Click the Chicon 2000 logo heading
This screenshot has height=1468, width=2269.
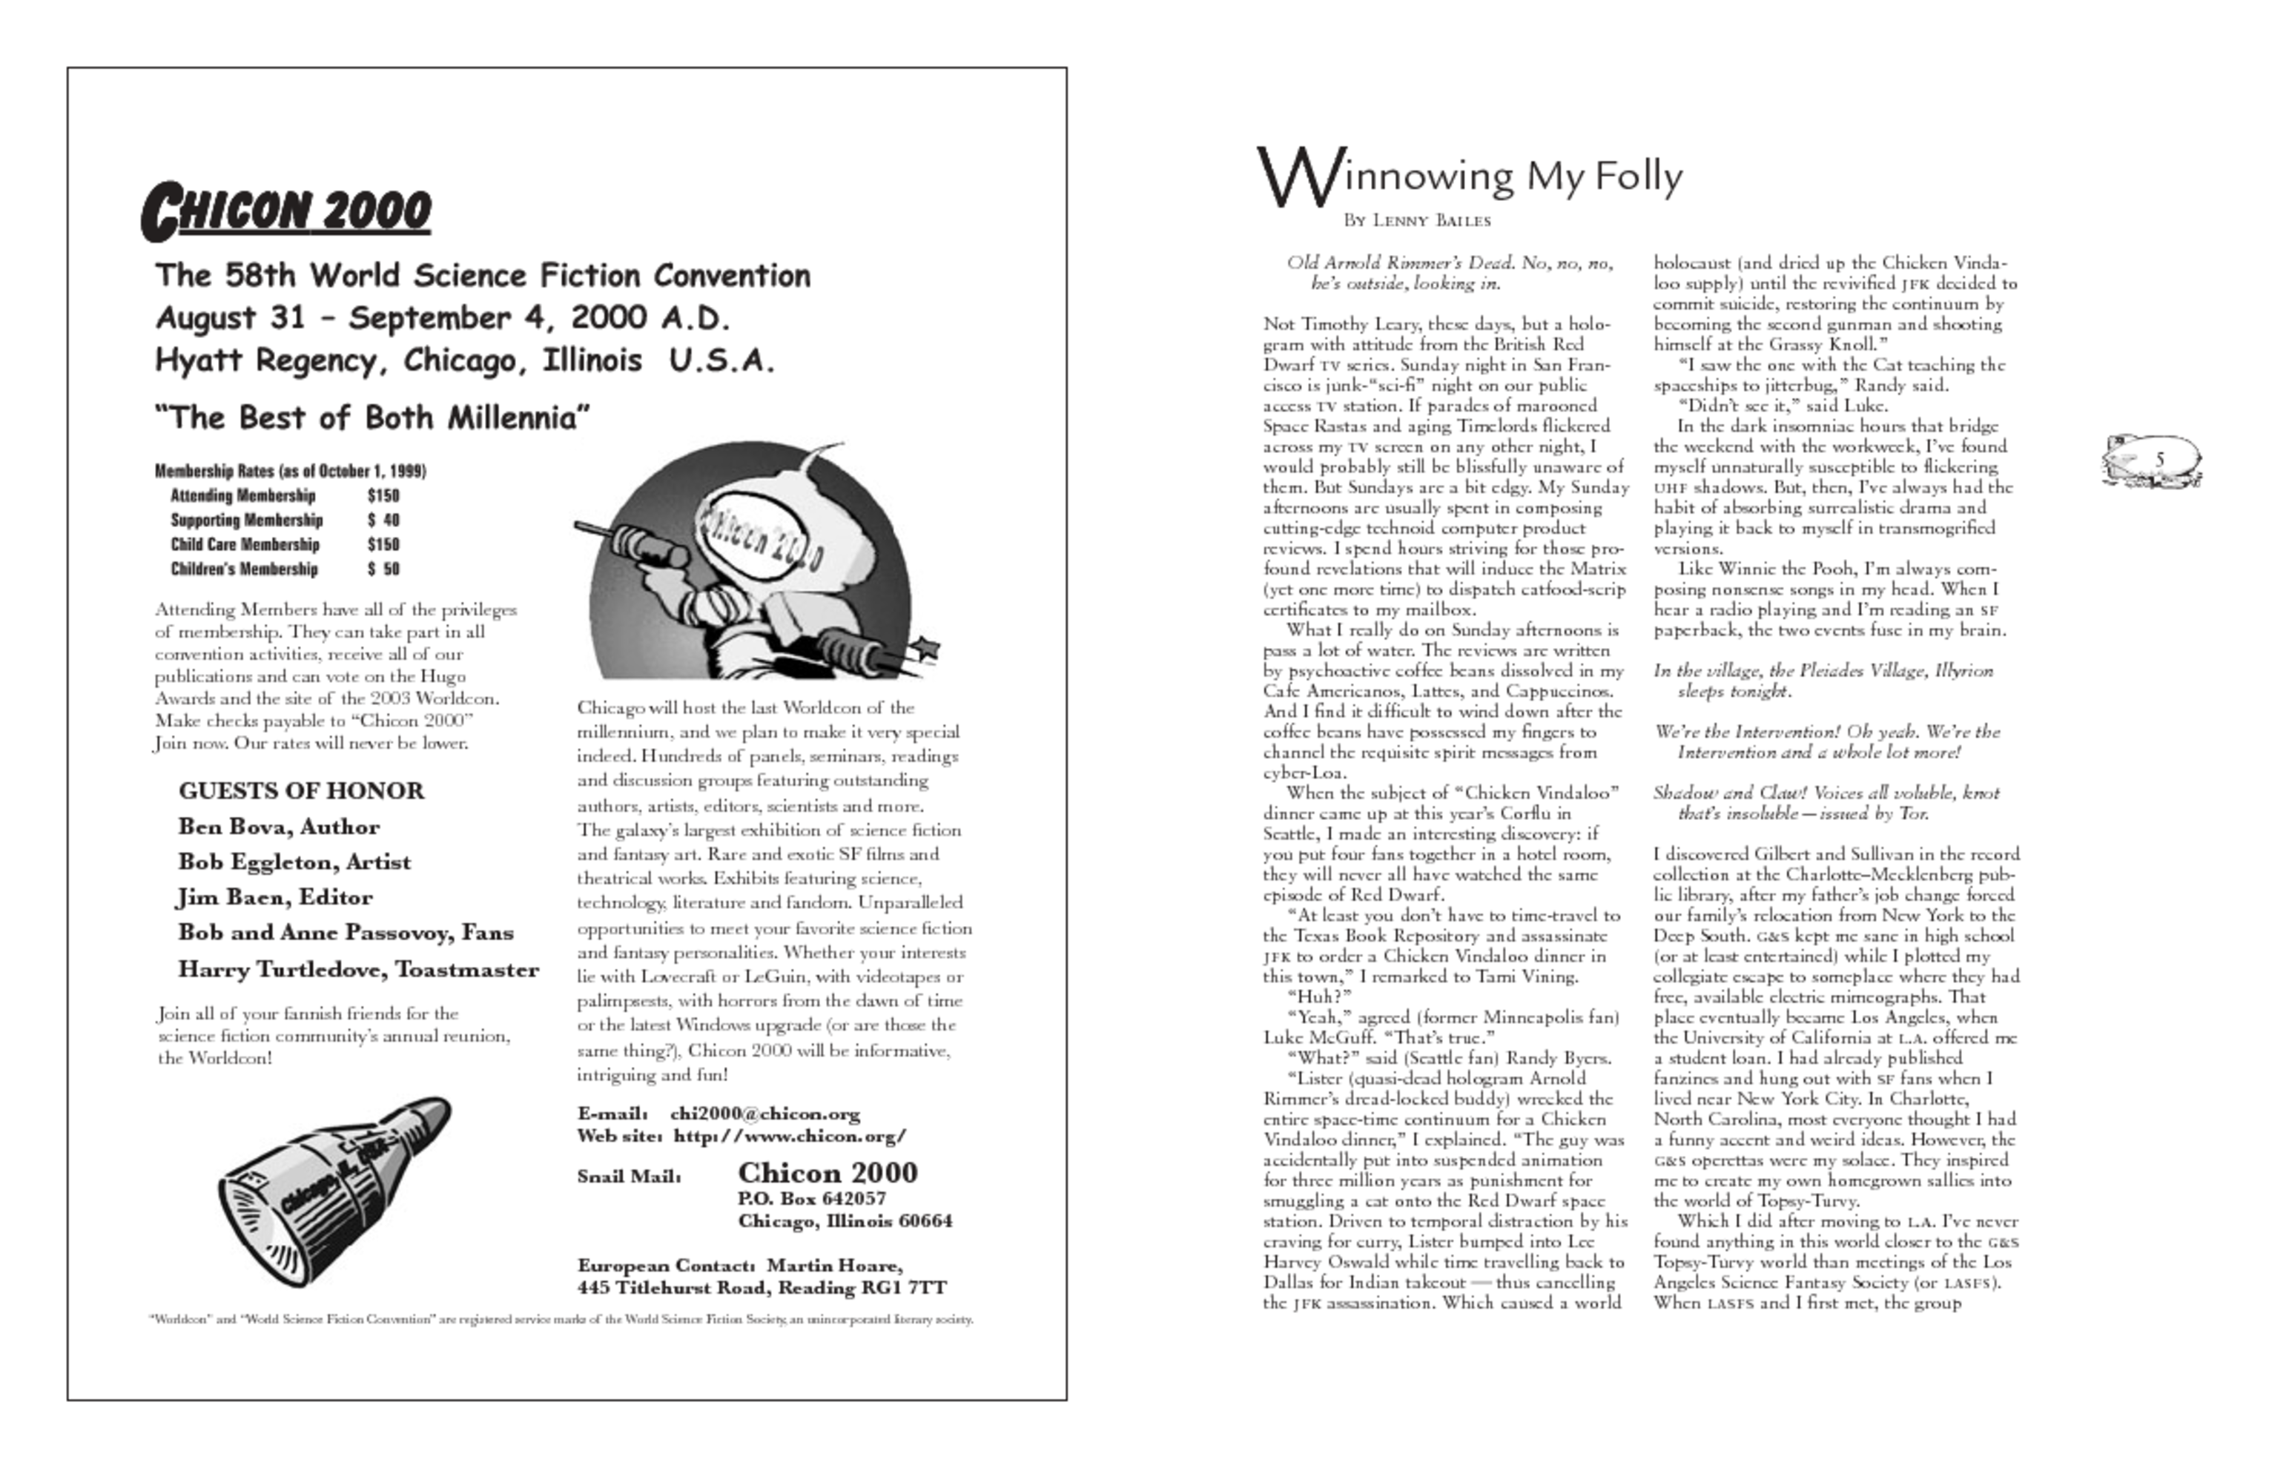tap(286, 211)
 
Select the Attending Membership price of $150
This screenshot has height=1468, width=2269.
tap(383, 496)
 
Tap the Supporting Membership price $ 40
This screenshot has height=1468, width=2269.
tap(383, 520)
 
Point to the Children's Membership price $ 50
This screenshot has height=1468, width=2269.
tap(383, 570)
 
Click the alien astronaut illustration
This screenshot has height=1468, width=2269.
tap(753, 563)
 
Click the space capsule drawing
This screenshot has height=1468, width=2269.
tap(334, 1191)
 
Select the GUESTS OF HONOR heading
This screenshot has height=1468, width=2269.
tap(301, 791)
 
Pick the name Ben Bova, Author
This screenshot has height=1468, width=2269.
tap(278, 827)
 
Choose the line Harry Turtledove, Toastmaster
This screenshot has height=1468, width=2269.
tap(358, 970)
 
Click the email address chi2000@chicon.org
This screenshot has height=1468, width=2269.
tap(764, 1114)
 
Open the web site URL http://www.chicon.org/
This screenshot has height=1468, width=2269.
tap(790, 1137)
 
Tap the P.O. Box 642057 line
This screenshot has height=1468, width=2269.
tap(812, 1198)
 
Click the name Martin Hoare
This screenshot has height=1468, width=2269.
tap(833, 1266)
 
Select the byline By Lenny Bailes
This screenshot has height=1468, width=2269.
tap(1417, 221)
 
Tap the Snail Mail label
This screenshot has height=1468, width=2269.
tap(628, 1177)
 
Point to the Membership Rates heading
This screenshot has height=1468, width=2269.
tap(290, 471)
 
